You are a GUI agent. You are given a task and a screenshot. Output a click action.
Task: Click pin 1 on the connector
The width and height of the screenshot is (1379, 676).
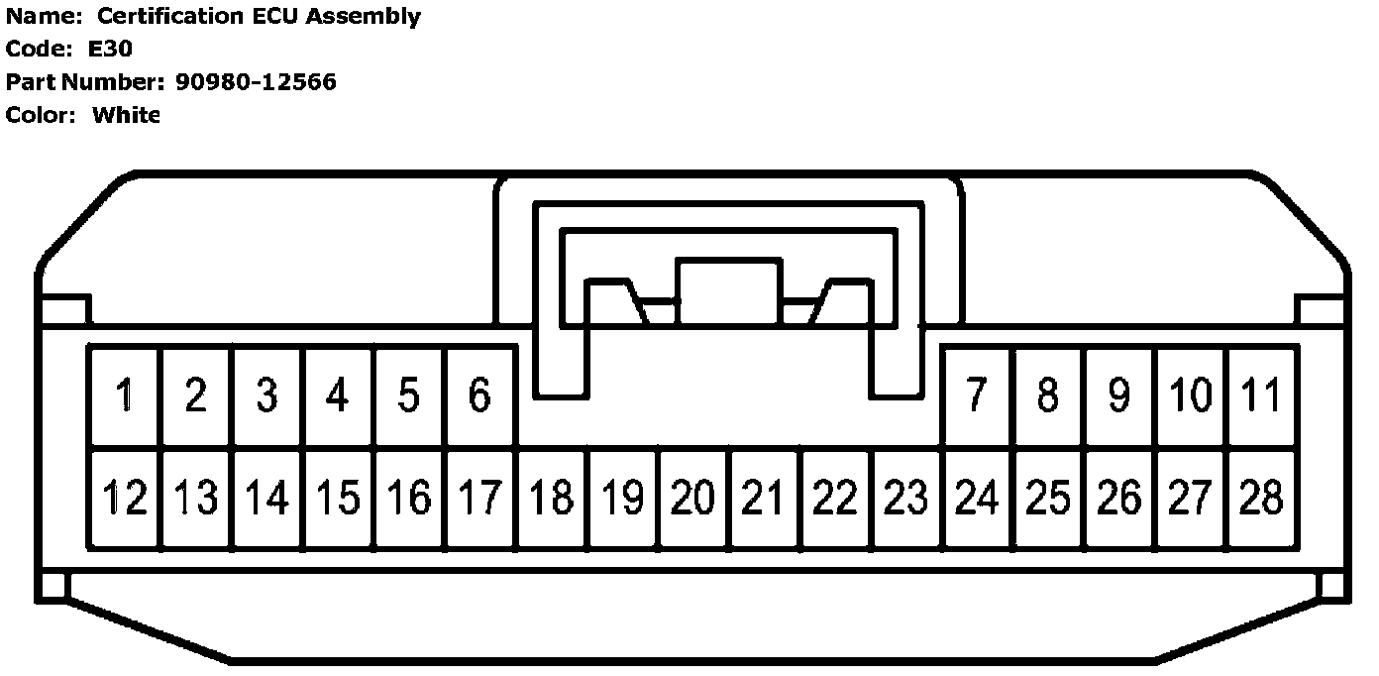click(124, 396)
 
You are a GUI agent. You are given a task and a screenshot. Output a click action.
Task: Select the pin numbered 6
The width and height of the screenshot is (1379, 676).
click(479, 396)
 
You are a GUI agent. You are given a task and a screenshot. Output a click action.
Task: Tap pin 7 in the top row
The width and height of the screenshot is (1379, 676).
click(977, 396)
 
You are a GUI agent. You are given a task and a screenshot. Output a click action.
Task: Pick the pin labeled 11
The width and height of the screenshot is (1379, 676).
click(1261, 396)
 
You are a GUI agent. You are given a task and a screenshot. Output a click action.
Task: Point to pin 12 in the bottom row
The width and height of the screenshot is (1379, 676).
click(124, 498)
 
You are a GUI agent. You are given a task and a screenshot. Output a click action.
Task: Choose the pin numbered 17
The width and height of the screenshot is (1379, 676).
click(479, 498)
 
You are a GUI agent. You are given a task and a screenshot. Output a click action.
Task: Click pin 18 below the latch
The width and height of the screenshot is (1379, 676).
click(552, 498)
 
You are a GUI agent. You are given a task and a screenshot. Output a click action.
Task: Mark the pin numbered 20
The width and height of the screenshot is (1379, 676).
click(693, 498)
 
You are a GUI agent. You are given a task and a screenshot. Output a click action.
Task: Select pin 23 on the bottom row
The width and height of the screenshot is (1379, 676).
click(906, 498)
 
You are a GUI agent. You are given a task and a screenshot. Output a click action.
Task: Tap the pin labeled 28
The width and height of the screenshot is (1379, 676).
click(1261, 498)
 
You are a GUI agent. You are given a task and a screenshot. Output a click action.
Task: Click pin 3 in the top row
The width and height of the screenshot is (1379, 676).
click(266, 396)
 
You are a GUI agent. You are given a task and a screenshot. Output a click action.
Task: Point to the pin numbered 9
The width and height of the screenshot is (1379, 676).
click(1119, 396)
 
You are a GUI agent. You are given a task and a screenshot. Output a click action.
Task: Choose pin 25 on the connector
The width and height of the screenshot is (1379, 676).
click(1048, 498)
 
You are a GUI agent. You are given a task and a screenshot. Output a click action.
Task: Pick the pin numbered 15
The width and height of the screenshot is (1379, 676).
click(338, 498)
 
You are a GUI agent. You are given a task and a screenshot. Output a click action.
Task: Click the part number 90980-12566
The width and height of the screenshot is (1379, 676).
click(256, 81)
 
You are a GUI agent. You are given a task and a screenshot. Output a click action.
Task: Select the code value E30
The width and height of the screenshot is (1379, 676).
click(110, 49)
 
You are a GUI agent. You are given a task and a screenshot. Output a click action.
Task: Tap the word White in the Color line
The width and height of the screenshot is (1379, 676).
click(126, 114)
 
